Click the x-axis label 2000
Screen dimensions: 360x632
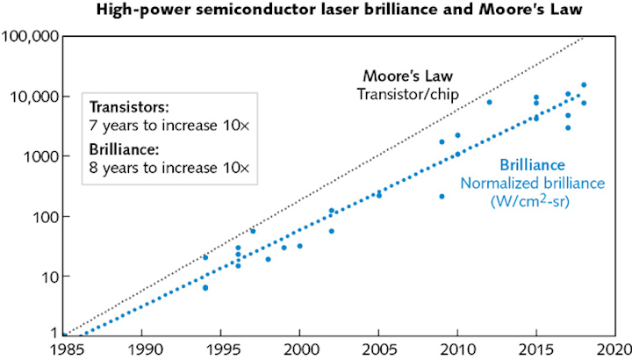pos(299,348)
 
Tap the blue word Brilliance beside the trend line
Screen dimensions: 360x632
pos(532,164)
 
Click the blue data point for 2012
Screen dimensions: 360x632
pos(489,102)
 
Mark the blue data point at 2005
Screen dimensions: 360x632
pos(379,195)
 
